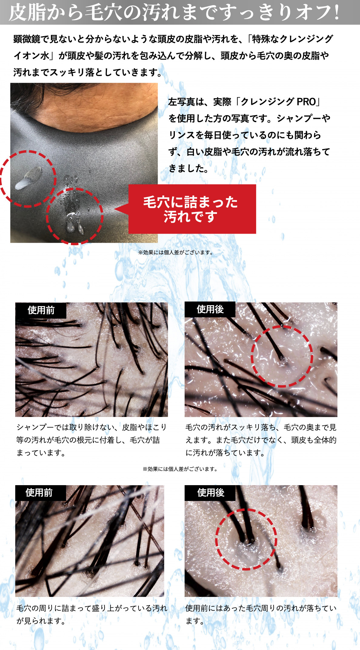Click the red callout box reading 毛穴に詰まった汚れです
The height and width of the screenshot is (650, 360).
coord(192,209)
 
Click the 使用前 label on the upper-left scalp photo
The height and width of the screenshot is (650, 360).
coord(41,310)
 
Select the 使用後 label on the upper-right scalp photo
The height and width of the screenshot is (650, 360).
coord(210,309)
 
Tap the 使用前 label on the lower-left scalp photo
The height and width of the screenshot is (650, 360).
coord(39,493)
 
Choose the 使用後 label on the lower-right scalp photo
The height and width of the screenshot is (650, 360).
coord(211,493)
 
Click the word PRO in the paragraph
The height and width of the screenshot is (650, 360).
coord(306,102)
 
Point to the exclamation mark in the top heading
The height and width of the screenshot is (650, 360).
coord(335,12)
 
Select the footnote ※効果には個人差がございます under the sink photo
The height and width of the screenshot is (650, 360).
coord(176,252)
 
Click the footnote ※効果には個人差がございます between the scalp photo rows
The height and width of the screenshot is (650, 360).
coord(180,469)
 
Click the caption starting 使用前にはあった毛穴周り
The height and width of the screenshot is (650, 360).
coord(261,615)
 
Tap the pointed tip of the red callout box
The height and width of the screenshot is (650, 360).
coord(115,209)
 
